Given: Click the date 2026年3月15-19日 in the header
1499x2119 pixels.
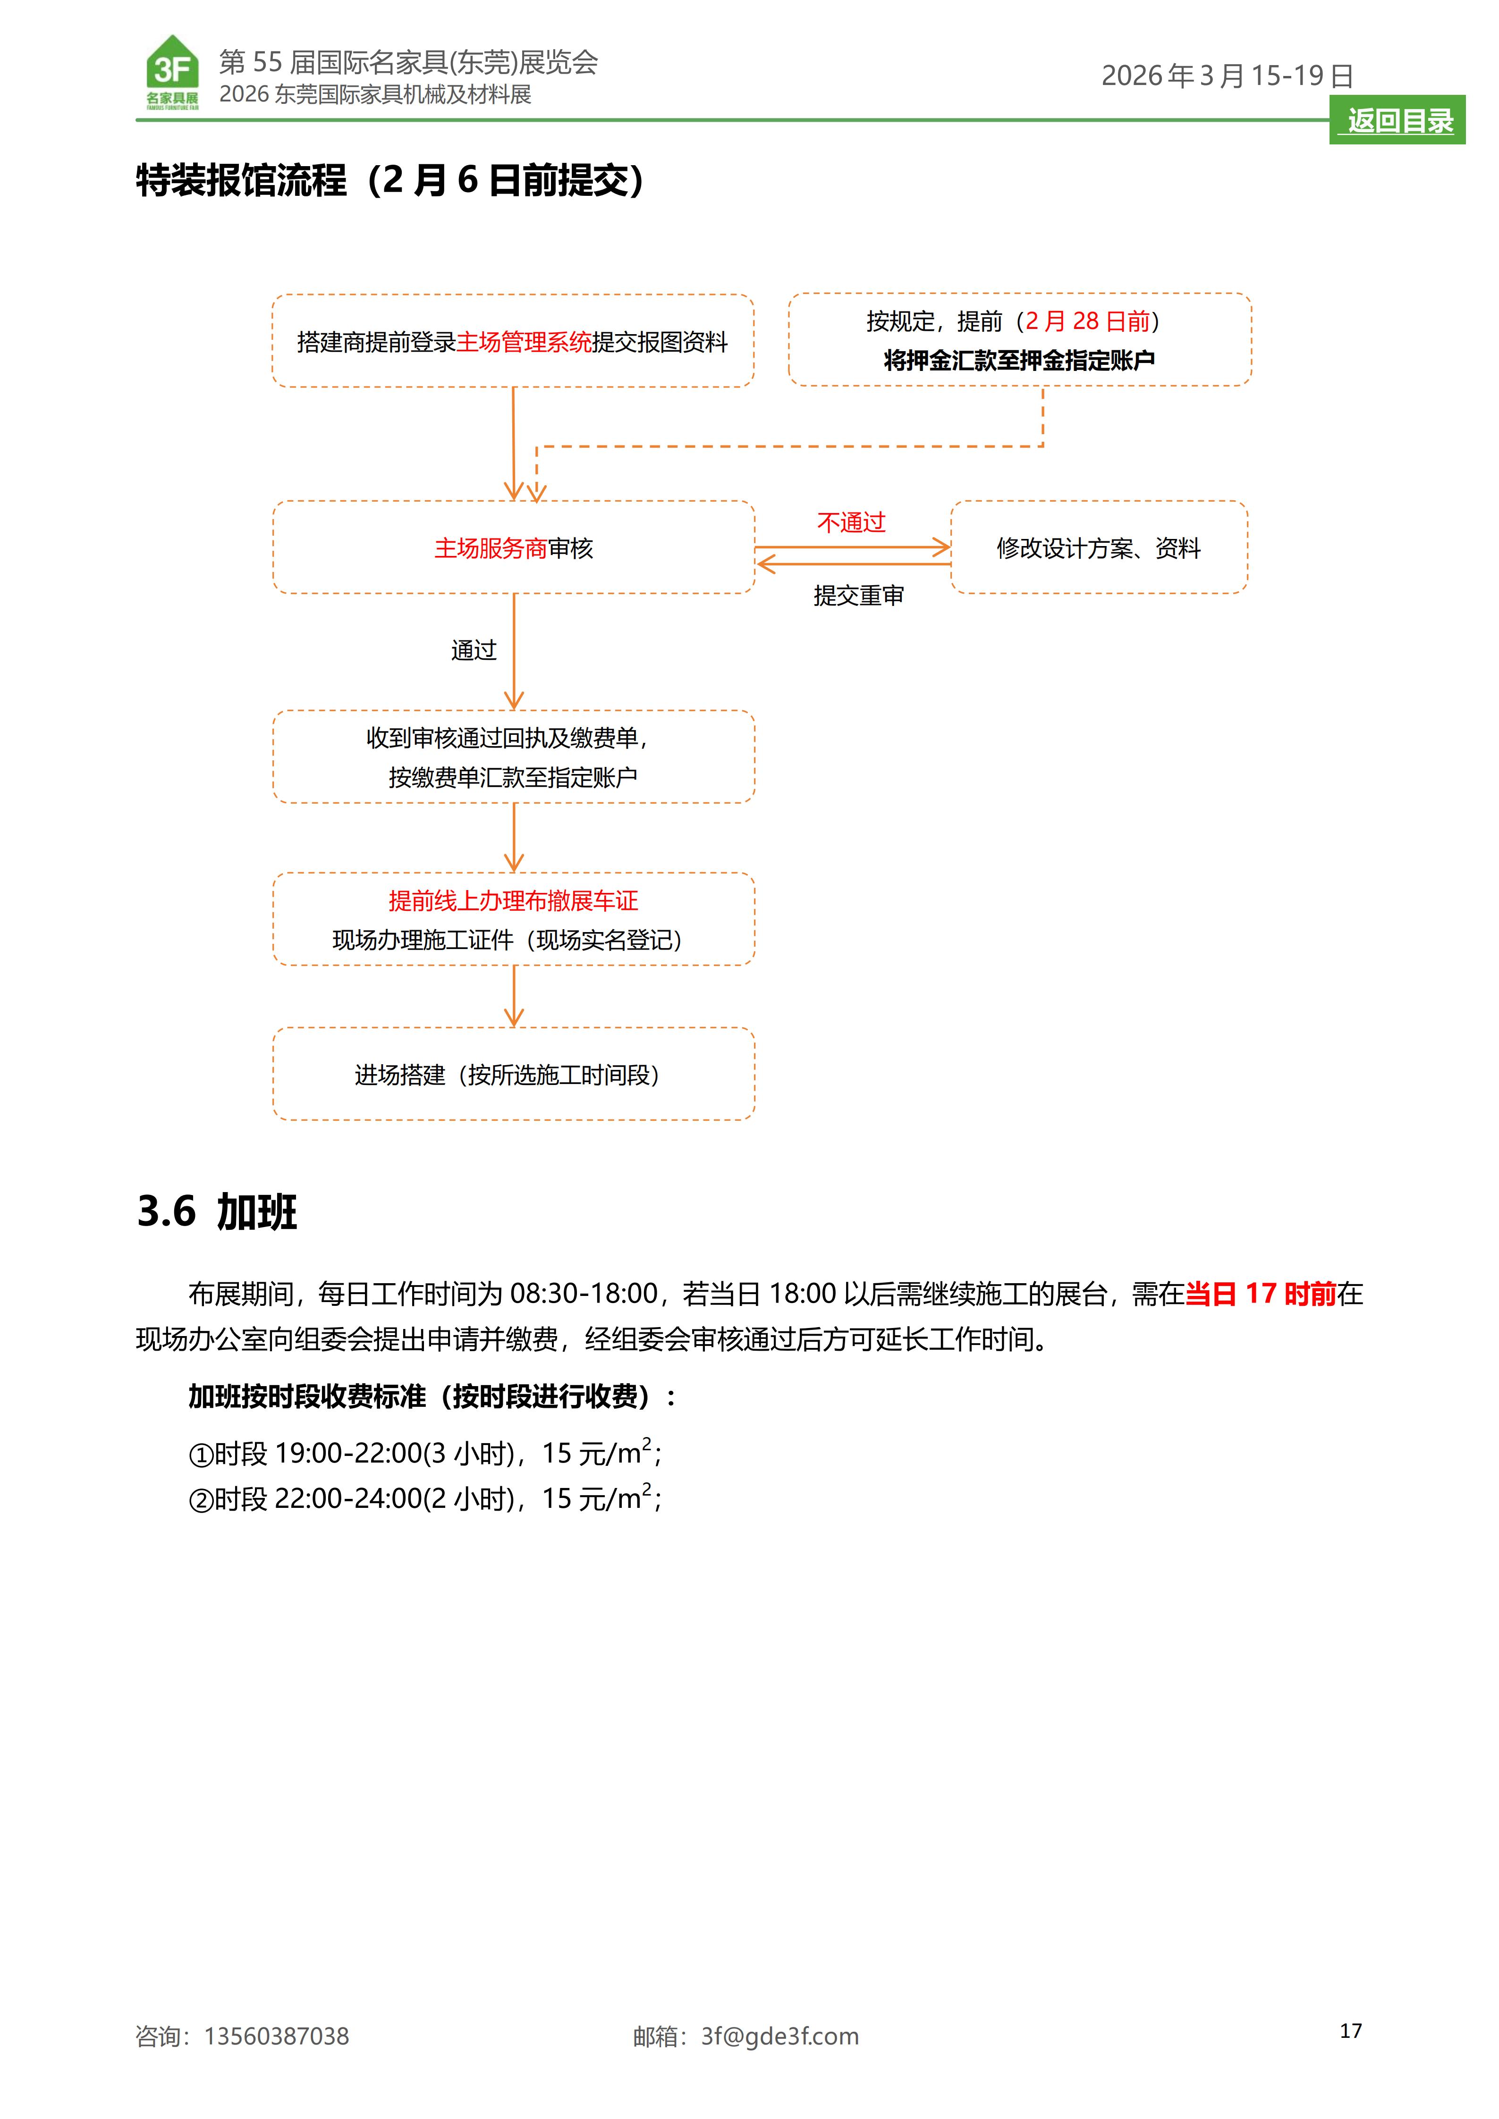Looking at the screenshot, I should coord(1227,76).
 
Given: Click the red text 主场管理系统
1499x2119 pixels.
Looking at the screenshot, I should coord(524,343).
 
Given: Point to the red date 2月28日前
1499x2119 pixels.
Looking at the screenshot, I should coord(1087,321).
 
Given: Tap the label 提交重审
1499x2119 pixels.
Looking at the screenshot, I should coord(857,596).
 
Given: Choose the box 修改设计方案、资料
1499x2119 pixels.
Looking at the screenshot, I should coord(1099,548).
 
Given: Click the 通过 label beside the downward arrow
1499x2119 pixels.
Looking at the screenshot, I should coord(474,651).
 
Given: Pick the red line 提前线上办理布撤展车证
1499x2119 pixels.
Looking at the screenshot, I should coord(513,901).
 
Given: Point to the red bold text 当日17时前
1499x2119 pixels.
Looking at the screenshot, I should coord(1260,1294).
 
